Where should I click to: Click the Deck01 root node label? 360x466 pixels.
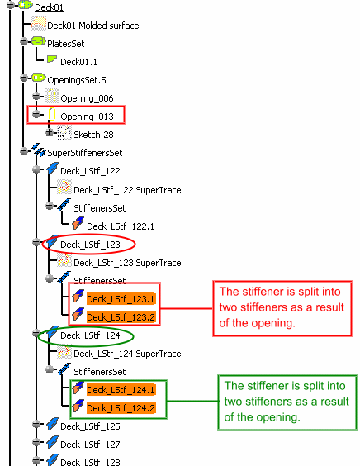[49, 7]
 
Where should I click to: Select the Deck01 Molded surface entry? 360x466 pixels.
[93, 26]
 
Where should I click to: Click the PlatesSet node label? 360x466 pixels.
[66, 44]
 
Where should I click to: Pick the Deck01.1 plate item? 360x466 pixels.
[78, 62]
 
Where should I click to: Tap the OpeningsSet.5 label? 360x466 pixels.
[77, 80]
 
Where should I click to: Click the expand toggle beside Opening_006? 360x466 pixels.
[36, 96]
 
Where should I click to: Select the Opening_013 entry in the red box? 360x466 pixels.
[87, 116]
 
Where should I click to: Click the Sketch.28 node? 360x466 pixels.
[93, 135]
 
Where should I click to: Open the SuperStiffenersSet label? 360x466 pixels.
[85, 153]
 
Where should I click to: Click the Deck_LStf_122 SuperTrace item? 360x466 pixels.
[127, 190]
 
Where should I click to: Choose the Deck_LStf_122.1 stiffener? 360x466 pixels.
[121, 226]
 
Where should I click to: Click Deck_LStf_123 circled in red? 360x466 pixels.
[90, 245]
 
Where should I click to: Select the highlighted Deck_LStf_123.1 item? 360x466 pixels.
[121, 299]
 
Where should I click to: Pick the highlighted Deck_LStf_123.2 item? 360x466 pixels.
[121, 317]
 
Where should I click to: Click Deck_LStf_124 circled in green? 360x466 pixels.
[90, 335]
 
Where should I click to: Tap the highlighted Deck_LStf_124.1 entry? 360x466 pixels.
[121, 390]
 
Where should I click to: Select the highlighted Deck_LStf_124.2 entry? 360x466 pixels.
[121, 408]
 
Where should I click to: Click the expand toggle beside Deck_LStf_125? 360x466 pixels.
[36, 424]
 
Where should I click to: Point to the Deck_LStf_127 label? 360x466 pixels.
[90, 445]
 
